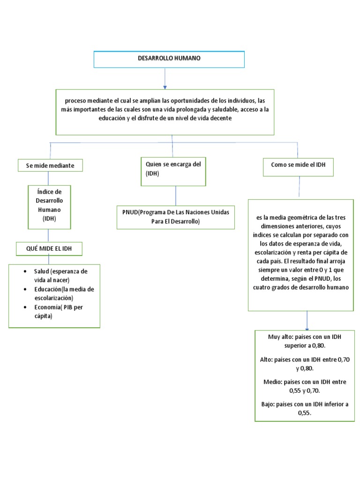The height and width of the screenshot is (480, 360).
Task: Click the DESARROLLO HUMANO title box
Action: click(169, 59)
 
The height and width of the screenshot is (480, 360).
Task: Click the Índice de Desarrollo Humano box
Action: click(49, 205)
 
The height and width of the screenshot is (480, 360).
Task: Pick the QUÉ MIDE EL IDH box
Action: click(49, 248)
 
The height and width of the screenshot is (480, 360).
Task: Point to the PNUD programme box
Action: click(176, 217)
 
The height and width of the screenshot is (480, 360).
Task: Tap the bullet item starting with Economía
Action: click(60, 311)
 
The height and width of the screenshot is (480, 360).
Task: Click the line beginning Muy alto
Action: click(305, 341)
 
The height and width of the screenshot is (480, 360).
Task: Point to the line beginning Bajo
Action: click(305, 408)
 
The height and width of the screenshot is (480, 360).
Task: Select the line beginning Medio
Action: click(305, 386)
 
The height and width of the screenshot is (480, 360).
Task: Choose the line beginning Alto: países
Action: click(305, 363)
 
